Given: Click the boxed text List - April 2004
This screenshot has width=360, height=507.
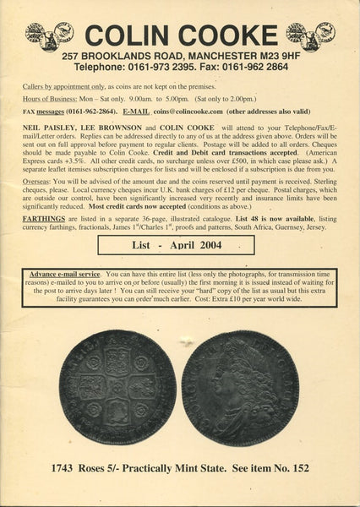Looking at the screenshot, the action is coord(176,246).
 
